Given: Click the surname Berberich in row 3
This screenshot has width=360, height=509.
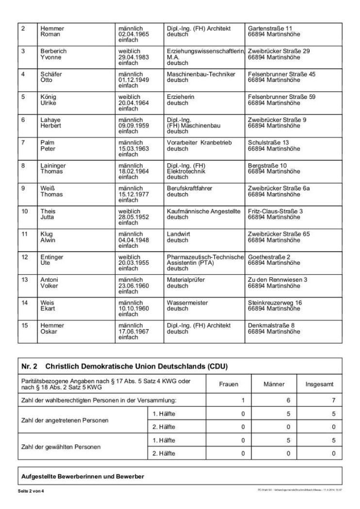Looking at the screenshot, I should (53, 51).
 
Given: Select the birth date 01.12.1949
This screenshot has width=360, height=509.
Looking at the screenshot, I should (133, 80).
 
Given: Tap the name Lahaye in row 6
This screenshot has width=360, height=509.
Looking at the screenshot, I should (50, 120).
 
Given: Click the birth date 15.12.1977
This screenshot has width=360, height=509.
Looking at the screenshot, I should (133, 194).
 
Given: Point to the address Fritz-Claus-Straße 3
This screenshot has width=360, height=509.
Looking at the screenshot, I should (275, 211).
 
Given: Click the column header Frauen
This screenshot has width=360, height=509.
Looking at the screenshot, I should (229, 384).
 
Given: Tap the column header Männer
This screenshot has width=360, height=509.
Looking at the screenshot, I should (274, 384).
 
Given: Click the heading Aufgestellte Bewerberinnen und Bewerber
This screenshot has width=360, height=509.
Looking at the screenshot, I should (82, 476).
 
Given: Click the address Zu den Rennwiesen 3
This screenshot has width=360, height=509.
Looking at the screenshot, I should (278, 280).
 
